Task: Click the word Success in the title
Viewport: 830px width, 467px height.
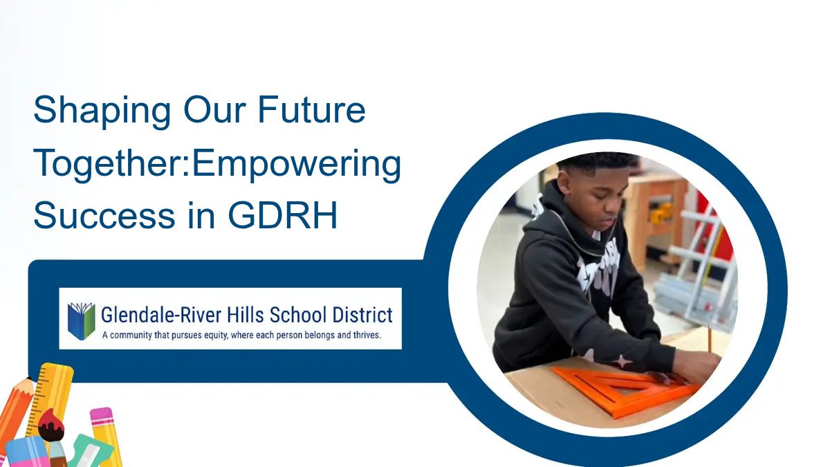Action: pyautogui.click(x=104, y=217)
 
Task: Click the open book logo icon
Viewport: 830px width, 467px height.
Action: pyautogui.click(x=81, y=319)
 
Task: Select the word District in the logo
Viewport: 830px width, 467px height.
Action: pyautogui.click(x=359, y=315)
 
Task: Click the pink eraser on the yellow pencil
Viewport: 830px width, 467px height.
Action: pyautogui.click(x=101, y=416)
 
